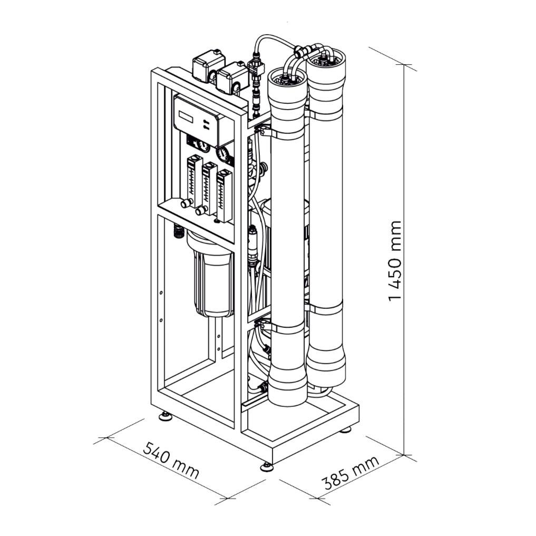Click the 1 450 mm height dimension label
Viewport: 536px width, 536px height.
coord(395,261)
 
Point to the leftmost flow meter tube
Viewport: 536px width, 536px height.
coord(193,181)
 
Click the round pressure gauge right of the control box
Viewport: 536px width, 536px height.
coord(223,154)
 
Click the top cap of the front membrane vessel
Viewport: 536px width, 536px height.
coord(287,79)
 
